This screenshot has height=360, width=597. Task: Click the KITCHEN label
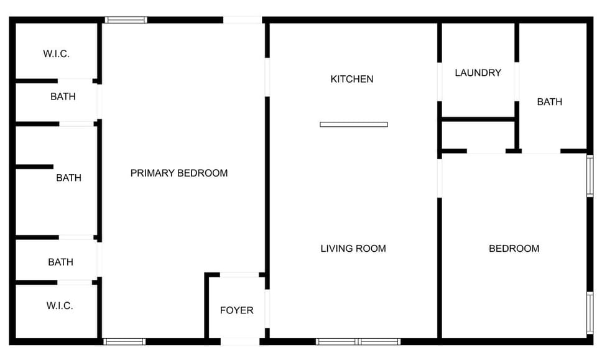(x=352, y=79)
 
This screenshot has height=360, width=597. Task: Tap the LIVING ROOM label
(x=353, y=249)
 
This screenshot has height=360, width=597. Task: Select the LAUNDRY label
(x=478, y=73)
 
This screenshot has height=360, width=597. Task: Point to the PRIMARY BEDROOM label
(x=179, y=173)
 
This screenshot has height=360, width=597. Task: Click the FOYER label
(x=237, y=310)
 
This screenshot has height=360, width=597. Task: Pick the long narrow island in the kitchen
(x=354, y=124)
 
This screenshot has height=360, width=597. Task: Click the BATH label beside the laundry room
(x=550, y=101)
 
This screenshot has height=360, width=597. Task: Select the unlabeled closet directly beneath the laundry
(x=478, y=135)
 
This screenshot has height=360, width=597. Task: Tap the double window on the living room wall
(x=358, y=341)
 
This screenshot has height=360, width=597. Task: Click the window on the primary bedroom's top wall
(x=126, y=20)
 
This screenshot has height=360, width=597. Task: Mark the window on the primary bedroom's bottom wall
(x=124, y=341)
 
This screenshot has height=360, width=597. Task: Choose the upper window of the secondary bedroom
(x=590, y=176)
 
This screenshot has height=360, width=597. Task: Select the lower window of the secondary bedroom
(x=590, y=313)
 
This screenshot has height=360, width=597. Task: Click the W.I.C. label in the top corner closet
(x=56, y=53)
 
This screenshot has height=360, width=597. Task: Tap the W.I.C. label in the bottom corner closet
(x=60, y=306)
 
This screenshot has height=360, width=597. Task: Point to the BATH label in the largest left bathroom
(x=68, y=178)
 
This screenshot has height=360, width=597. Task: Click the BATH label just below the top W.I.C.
(x=63, y=96)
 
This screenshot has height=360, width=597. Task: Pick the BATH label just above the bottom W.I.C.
(x=60, y=262)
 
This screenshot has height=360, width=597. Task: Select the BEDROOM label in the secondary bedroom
(x=514, y=249)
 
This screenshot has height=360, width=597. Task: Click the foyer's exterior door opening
(x=240, y=341)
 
